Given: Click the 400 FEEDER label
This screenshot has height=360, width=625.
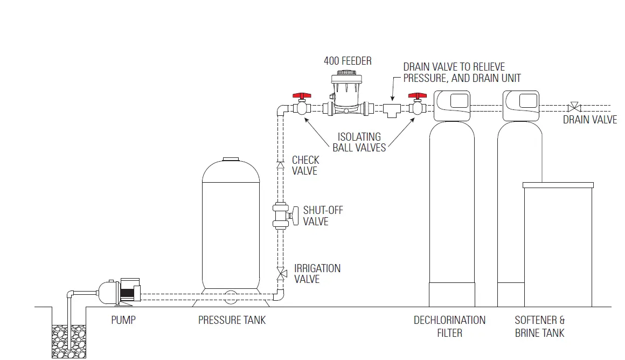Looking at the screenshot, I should pyautogui.click(x=348, y=61).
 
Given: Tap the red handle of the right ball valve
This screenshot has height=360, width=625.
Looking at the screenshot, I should pyautogui.click(x=417, y=96).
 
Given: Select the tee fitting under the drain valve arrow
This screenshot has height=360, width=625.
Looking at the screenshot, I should pyautogui.click(x=391, y=110).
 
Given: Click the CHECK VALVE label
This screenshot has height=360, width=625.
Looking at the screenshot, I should pyautogui.click(x=305, y=165).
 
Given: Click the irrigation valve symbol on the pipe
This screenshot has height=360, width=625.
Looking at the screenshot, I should pyautogui.click(x=281, y=273).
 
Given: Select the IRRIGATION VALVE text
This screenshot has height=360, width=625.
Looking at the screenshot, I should pyautogui.click(x=317, y=274).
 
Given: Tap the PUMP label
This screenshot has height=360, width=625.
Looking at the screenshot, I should pyautogui.click(x=123, y=320).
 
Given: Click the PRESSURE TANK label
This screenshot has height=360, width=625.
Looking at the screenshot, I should pyautogui.click(x=232, y=320).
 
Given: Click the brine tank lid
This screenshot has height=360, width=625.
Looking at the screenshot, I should pyautogui.click(x=558, y=185).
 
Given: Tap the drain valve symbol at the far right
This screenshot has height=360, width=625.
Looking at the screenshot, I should pyautogui.click(x=574, y=106).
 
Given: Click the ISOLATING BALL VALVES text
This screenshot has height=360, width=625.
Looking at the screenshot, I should pyautogui.click(x=359, y=142).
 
